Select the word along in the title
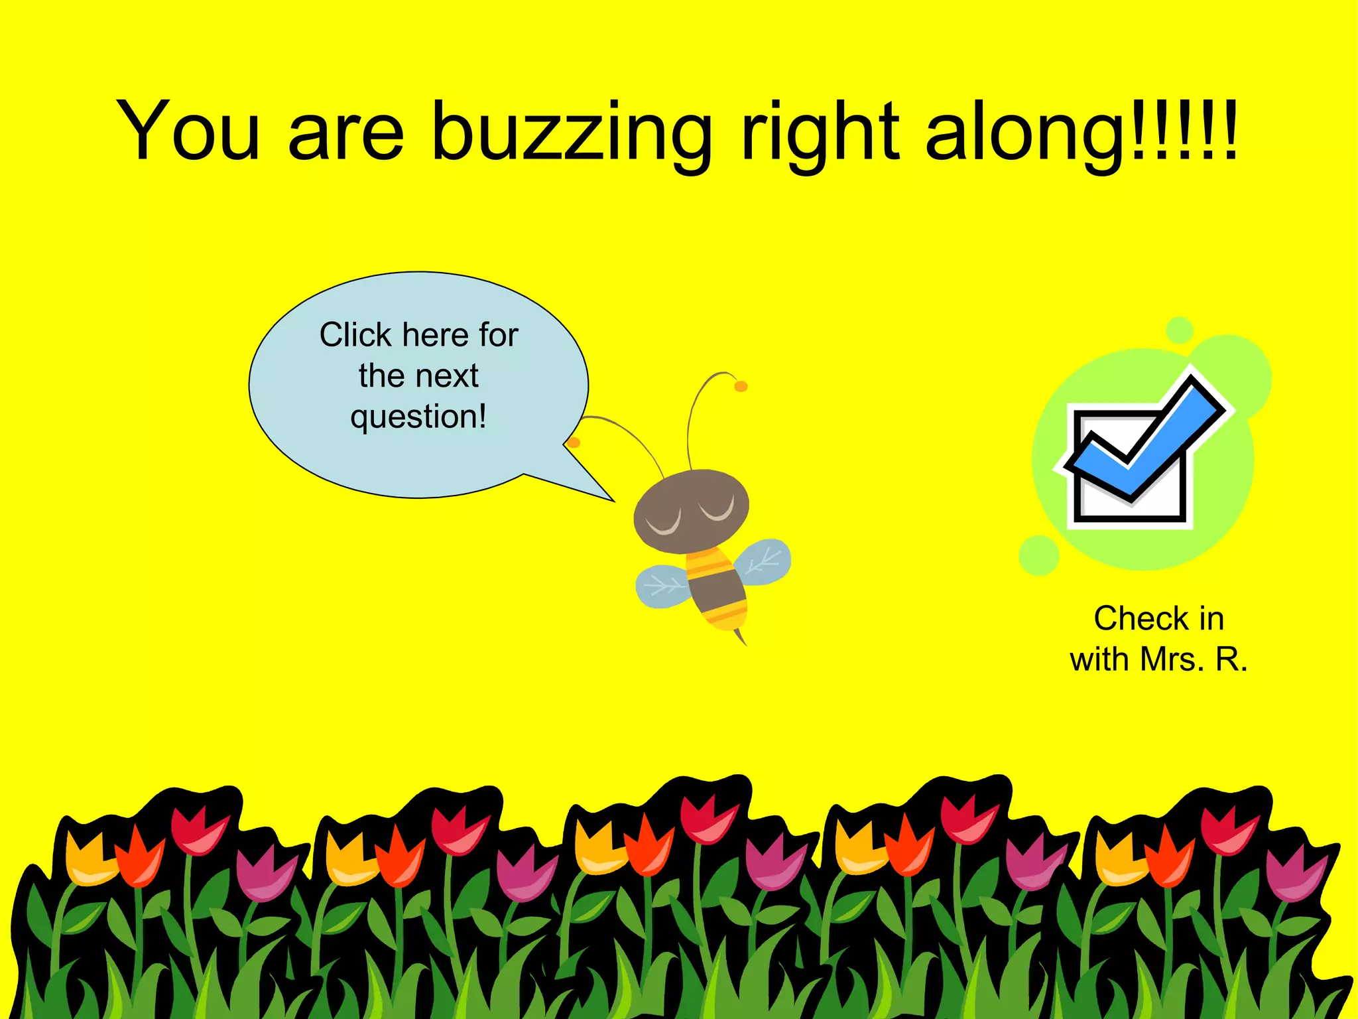[1024, 133]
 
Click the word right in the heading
[820, 133]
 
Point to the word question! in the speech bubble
[418, 417]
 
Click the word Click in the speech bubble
[355, 335]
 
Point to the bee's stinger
[741, 637]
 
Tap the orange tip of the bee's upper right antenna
[741, 386]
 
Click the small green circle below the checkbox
[1038, 555]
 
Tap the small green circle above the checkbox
[1180, 330]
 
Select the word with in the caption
[1099, 660]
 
